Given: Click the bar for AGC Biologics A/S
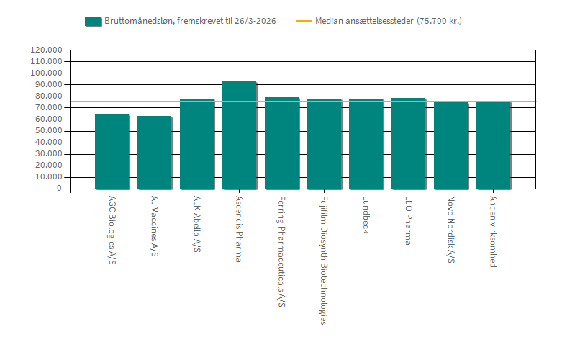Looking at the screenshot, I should pos(112,152).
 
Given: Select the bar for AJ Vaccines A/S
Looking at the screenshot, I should pos(155,153).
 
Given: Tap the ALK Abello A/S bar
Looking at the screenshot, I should pos(197,144).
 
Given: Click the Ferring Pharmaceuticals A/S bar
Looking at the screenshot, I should pos(282,143).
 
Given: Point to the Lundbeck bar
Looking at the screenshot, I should pos(366,144).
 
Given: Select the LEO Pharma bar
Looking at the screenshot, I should pos(409,143).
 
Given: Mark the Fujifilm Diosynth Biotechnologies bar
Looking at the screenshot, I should pos(324,144).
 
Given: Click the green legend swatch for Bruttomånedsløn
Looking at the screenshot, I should pos(93,21).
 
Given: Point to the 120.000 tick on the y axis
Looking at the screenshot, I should pos(47,50).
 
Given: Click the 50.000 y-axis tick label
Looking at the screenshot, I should pos(49,131).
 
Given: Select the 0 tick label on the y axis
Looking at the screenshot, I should pos(60,189).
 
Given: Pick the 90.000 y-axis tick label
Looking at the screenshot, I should pos(49,85).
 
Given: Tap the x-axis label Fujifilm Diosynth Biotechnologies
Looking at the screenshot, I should pos(324,260).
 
